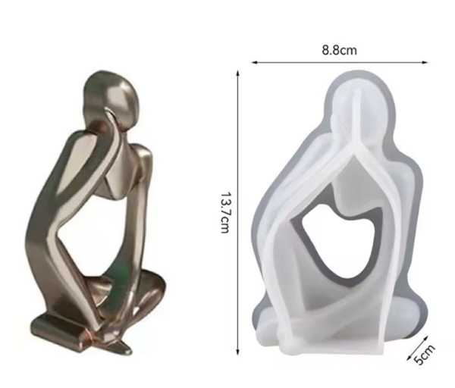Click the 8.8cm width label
pos(339,50)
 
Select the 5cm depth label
pos(425,355)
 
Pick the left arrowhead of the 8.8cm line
pos(254,62)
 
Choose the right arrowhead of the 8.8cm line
pos(425,62)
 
